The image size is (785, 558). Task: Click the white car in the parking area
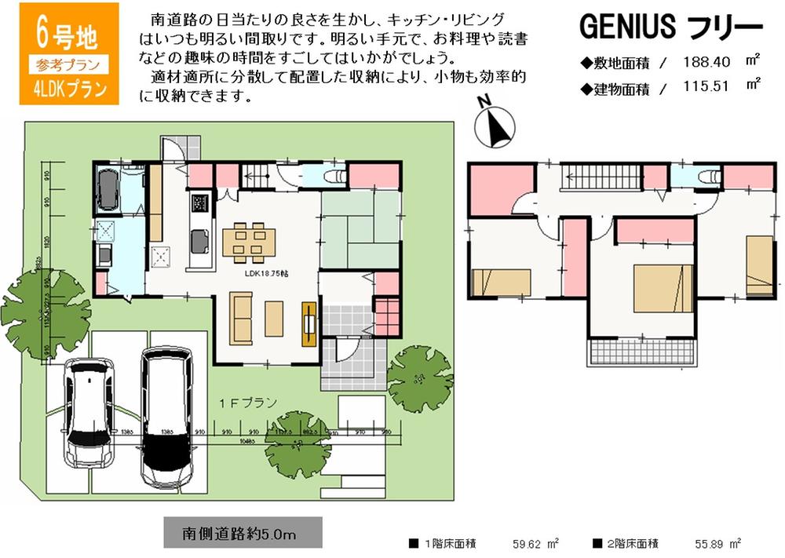(x=89, y=413)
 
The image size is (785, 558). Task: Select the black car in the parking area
(x=166, y=417)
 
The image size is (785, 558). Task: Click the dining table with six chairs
(x=248, y=241)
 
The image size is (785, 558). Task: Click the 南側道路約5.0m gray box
(x=243, y=533)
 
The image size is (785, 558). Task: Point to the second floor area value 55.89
(x=712, y=543)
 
